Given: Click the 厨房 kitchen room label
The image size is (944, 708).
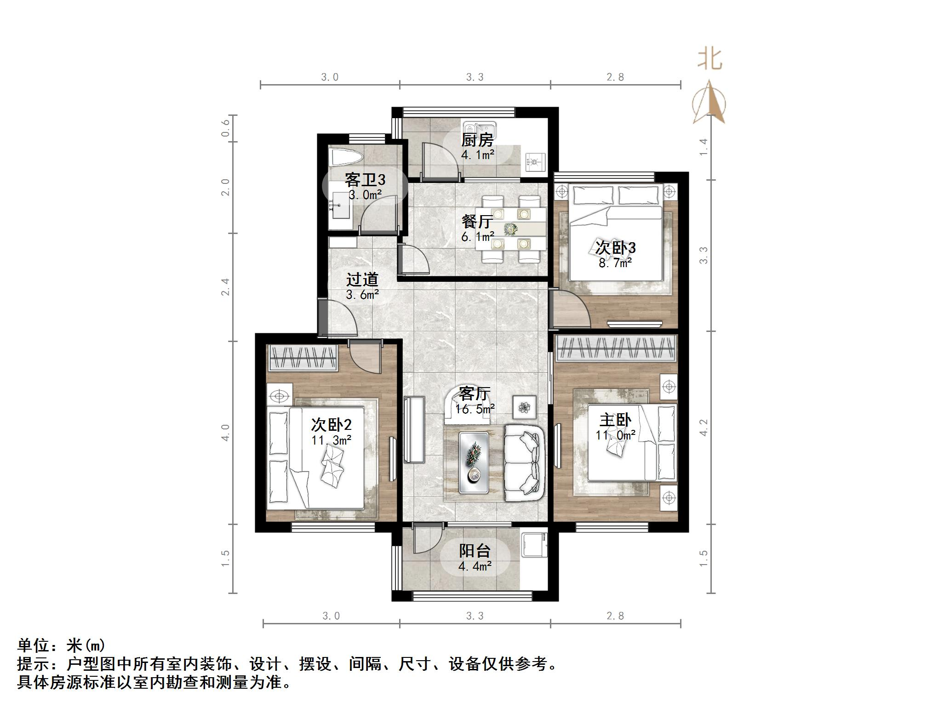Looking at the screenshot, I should (x=477, y=140).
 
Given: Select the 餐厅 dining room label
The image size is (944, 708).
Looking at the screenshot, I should (x=477, y=222).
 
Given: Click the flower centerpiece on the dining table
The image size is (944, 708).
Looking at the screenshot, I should (x=510, y=228).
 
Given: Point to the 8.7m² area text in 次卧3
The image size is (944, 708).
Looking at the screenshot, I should (x=615, y=263).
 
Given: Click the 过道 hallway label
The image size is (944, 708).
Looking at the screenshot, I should (x=362, y=280).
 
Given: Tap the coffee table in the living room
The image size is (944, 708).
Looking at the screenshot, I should (x=474, y=462).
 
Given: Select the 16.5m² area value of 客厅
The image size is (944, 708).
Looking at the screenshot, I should (x=475, y=409).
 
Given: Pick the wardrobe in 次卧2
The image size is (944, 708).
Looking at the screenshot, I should (x=303, y=358).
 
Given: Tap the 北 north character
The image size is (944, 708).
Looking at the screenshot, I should (x=709, y=60).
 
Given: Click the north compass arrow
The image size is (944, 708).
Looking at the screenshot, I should (x=709, y=103).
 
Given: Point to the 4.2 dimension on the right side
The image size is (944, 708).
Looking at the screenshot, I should (x=703, y=428).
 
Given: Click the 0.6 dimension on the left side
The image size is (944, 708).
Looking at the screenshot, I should (x=225, y=128).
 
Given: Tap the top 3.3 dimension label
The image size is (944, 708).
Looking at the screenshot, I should (x=475, y=77).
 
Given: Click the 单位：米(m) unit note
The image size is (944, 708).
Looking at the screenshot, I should (x=62, y=645).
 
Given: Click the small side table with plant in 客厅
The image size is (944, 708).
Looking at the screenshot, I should (x=525, y=407).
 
